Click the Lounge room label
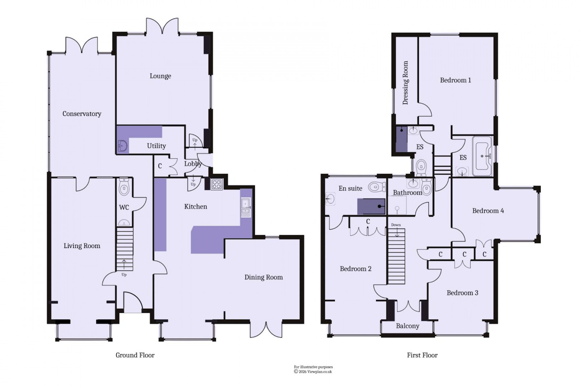160,76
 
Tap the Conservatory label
82,114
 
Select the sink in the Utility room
122,146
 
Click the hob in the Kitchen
217,184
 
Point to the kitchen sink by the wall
246,207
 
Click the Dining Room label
264,277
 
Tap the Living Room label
82,246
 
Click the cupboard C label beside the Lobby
160,166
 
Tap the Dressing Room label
405,83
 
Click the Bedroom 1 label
455,80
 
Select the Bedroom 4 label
488,211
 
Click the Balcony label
407,326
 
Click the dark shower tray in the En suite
371,206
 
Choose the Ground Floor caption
135,355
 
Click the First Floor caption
422,355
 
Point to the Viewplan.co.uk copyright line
313,372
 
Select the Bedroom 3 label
462,293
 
